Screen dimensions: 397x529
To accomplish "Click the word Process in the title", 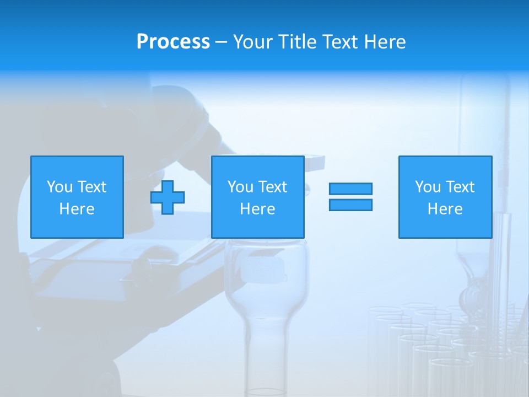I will (173, 42).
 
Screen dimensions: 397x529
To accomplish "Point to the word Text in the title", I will (343, 42).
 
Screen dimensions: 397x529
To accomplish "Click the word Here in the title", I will (386, 42).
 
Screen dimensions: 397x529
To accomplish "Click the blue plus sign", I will (168, 197).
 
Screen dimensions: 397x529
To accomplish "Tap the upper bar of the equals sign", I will (350, 189).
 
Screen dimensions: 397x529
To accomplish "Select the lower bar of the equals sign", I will (350, 205).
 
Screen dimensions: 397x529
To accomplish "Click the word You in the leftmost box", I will (60, 187).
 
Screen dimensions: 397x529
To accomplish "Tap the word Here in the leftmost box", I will (77, 209).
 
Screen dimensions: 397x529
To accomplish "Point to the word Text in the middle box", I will (273, 187).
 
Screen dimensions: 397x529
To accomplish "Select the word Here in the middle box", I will (258, 209).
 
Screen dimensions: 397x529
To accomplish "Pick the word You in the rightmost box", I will (428, 187).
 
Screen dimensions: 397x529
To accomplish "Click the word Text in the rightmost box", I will (460, 187).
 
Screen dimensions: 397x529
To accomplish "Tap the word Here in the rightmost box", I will (445, 209).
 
